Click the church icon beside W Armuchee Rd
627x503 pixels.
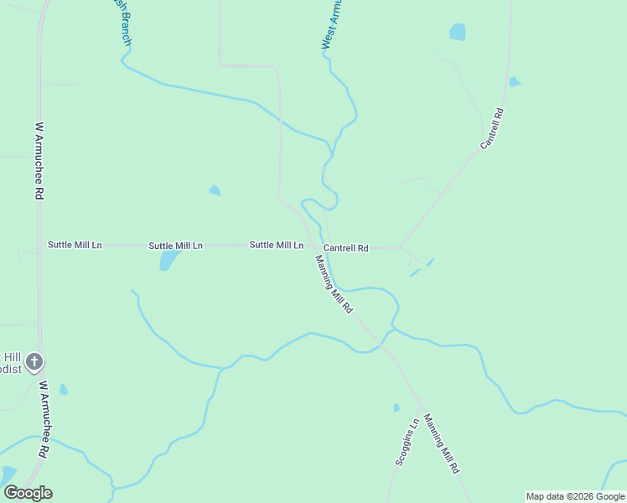[34, 362]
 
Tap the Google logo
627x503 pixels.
[28, 493]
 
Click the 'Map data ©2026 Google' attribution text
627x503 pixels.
[576, 496]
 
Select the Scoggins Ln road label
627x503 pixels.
[406, 443]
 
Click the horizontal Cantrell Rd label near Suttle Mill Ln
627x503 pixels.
[346, 248]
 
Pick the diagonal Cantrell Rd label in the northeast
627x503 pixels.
[491, 129]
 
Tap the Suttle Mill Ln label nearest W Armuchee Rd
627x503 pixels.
[75, 245]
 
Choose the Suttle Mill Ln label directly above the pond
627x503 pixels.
[175, 246]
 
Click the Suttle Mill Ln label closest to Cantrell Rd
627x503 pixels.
[276, 245]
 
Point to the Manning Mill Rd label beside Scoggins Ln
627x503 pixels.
[442, 444]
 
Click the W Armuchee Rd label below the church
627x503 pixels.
[42, 419]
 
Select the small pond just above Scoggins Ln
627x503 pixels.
[396, 408]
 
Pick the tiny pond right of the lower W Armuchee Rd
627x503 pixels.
[64, 389]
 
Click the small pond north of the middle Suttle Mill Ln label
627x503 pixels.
[215, 190]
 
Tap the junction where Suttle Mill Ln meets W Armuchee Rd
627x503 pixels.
[39, 245]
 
